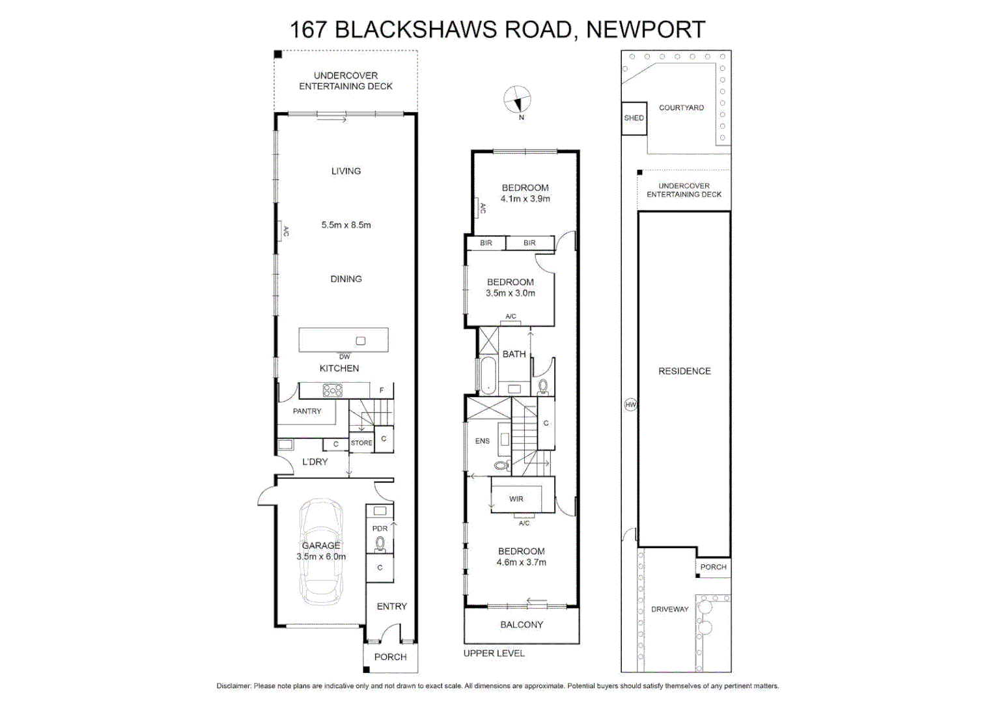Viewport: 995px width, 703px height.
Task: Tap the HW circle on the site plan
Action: coord(630,405)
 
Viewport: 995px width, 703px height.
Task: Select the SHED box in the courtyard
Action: coord(634,118)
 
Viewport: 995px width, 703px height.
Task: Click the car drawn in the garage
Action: coord(321,552)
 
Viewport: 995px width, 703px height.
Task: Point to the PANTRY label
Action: coord(307,411)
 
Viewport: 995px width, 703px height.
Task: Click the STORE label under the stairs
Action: coord(361,443)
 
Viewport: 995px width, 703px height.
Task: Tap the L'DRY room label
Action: coord(315,462)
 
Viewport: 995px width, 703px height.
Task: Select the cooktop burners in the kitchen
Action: coord(332,391)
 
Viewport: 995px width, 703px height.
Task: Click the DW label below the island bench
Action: coord(344,357)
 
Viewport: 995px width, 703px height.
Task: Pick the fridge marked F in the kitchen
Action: coord(382,391)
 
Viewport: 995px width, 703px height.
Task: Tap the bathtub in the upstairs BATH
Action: coord(487,376)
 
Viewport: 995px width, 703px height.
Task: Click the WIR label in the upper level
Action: coord(516,499)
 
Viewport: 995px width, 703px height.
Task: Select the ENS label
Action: coord(482,441)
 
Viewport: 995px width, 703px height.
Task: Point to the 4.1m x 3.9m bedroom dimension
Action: coord(525,199)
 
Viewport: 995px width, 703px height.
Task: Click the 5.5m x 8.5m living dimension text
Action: coord(346,225)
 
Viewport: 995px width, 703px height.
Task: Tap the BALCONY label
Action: coord(521,625)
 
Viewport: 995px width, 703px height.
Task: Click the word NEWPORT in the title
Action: coord(645,30)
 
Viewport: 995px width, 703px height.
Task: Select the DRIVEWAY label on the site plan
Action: coord(669,609)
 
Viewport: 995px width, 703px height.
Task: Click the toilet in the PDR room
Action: coord(380,543)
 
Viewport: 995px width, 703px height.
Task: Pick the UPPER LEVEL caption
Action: coord(494,654)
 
